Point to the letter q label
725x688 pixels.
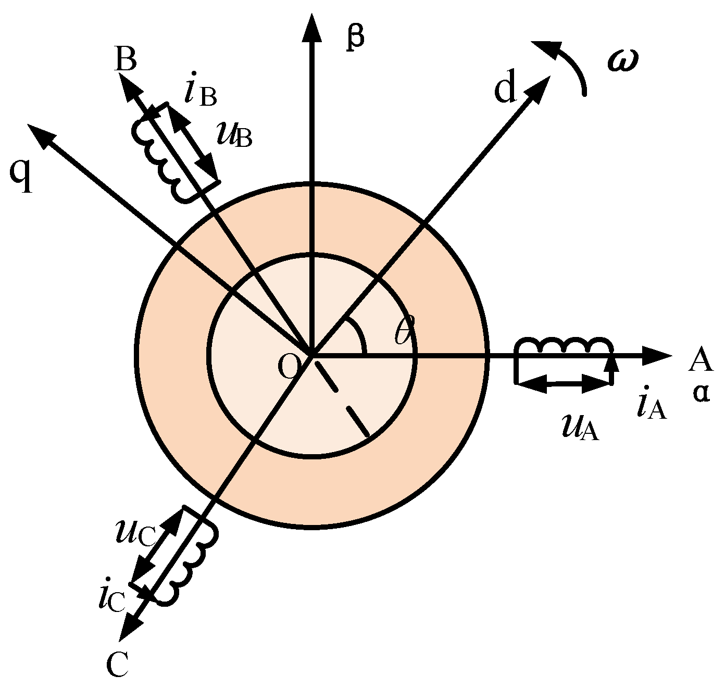click(21, 176)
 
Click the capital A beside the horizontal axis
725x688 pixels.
click(700, 360)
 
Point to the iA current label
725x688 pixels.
click(651, 405)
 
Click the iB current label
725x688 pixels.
click(201, 93)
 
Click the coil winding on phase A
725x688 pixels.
click(562, 346)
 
